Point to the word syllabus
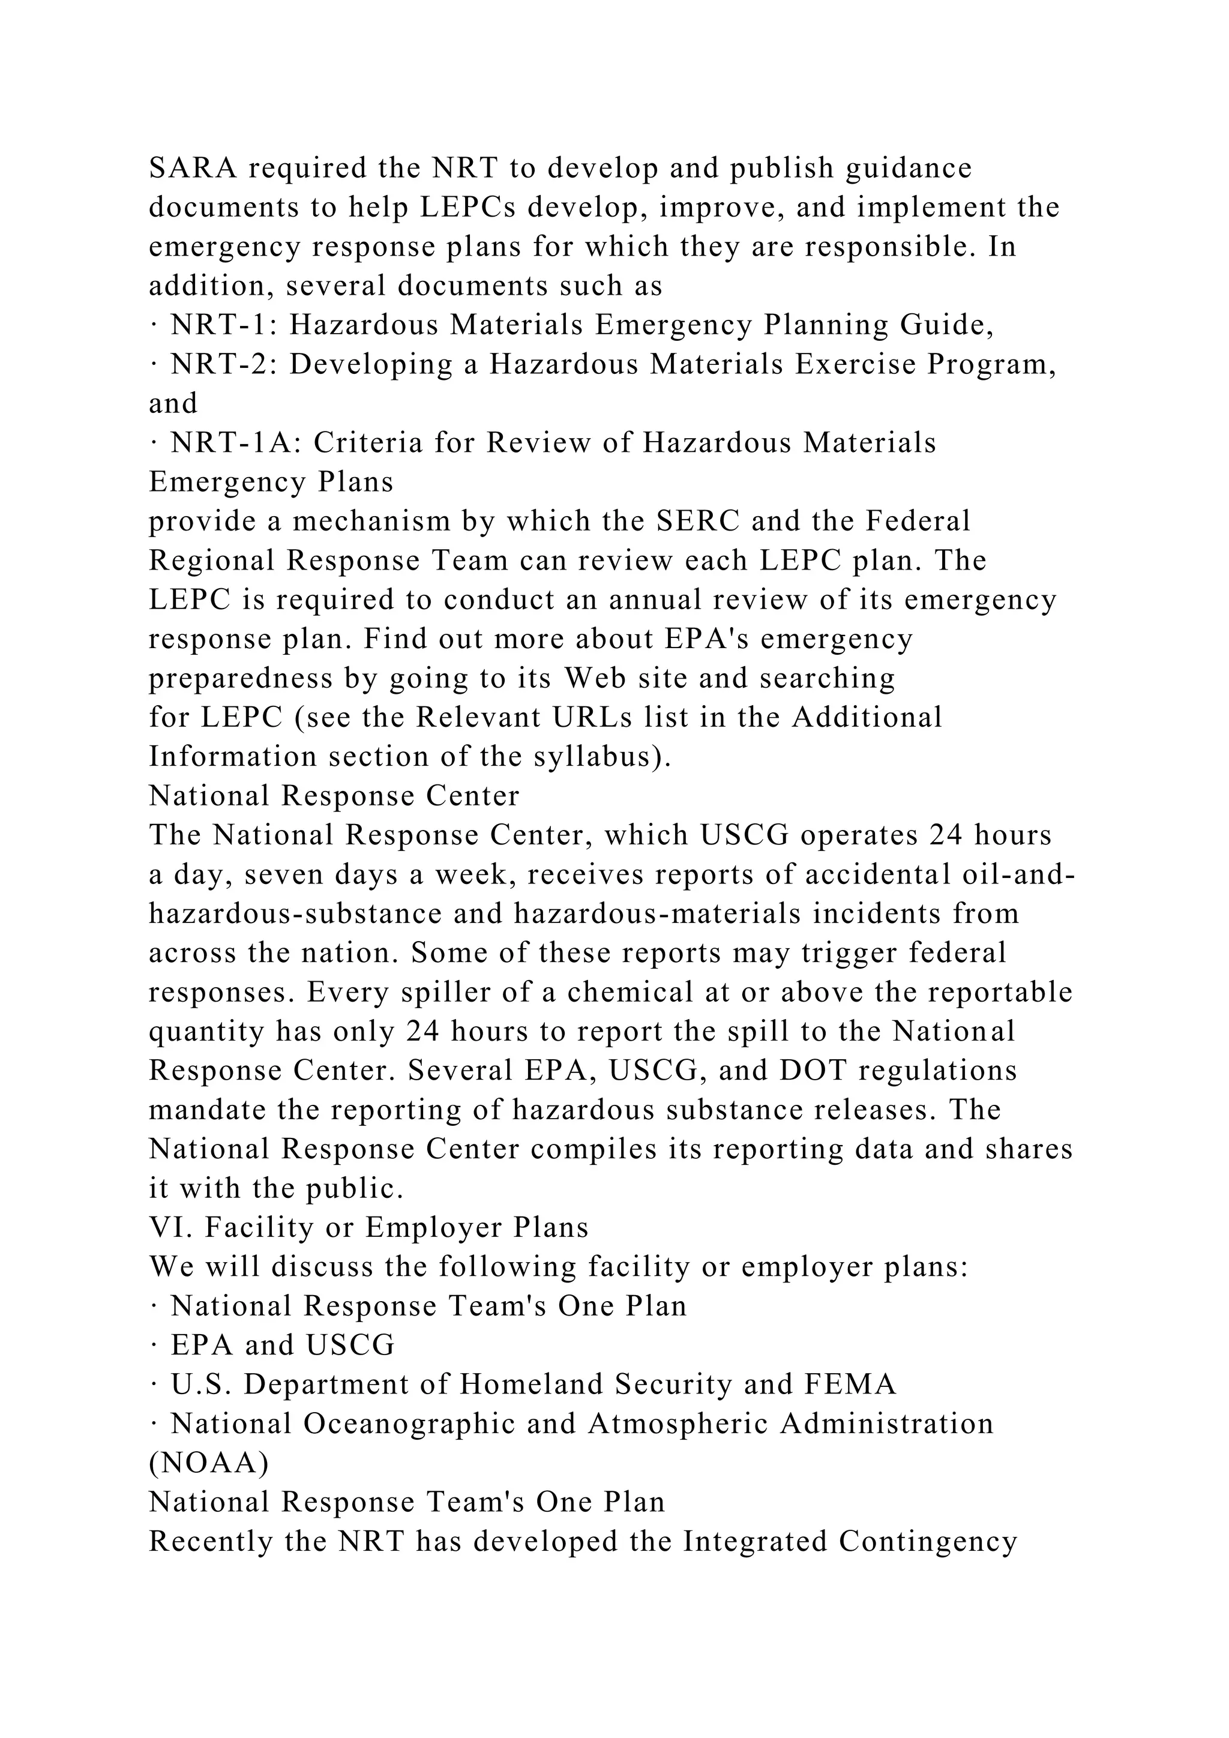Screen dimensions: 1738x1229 [x=594, y=756]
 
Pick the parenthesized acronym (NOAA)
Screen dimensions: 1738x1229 [x=208, y=1463]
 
